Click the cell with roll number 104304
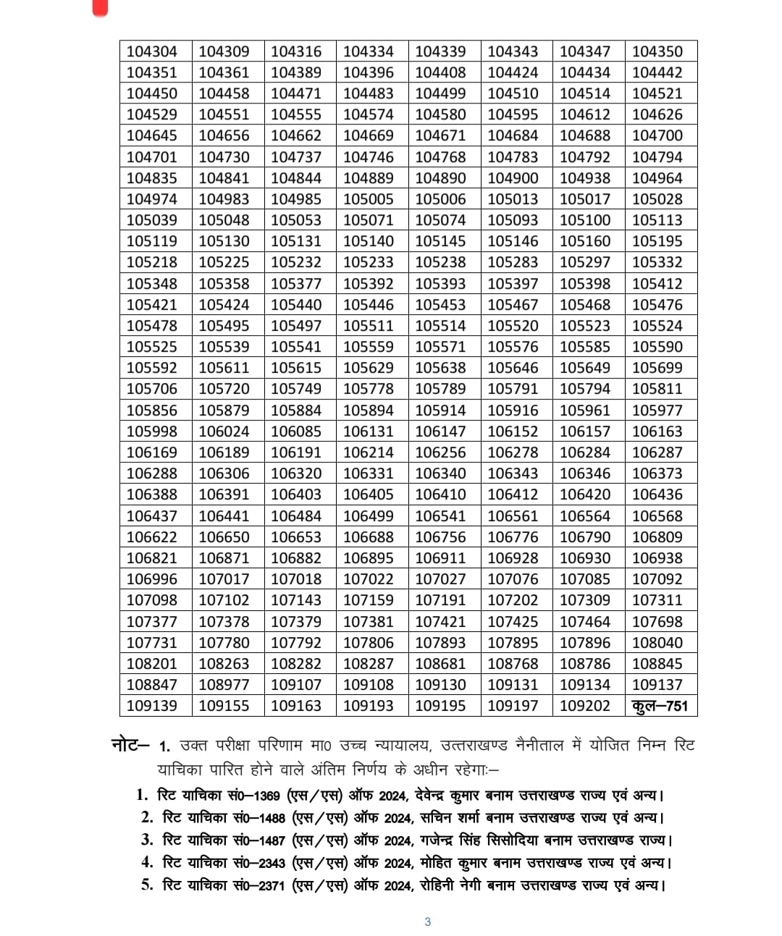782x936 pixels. pyautogui.click(x=151, y=51)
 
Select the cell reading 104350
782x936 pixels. pyautogui.click(x=657, y=51)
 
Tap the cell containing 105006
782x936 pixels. pyautogui.click(x=440, y=199)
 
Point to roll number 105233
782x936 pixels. pyautogui.click(x=368, y=262)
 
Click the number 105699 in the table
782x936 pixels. pyautogui.click(x=657, y=368)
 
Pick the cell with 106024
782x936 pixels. pyautogui.click(x=224, y=431)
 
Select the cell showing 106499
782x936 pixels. pyautogui.click(x=368, y=516)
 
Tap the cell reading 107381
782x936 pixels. pyautogui.click(x=368, y=622)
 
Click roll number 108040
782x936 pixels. pyautogui.click(x=657, y=643)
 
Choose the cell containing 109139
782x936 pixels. pyautogui.click(x=151, y=706)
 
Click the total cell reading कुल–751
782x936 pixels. pyautogui.click(x=660, y=706)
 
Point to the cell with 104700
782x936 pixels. pyautogui.click(x=657, y=135)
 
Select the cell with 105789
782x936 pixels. pyautogui.click(x=440, y=389)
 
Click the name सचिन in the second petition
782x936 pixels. pyautogui.click(x=434, y=818)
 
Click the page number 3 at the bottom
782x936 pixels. pyautogui.click(x=427, y=922)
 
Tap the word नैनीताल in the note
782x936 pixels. pyautogui.click(x=539, y=745)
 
